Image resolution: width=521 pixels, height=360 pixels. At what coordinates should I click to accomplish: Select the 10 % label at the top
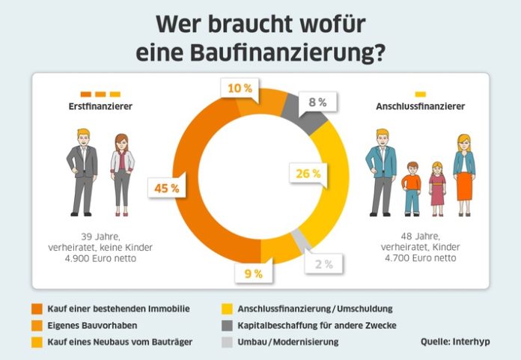click(x=239, y=89)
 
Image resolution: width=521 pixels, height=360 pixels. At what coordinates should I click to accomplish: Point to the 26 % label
click(x=308, y=174)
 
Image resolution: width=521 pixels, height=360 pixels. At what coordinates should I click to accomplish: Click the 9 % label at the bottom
click(x=254, y=274)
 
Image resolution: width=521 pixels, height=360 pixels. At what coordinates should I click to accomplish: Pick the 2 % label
click(x=323, y=263)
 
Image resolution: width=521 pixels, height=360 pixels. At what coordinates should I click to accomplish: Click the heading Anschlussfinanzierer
click(x=420, y=107)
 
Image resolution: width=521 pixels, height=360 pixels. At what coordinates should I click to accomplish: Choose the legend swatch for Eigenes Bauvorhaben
click(x=37, y=325)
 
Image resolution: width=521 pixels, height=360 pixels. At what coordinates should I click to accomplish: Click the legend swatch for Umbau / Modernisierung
click(x=228, y=341)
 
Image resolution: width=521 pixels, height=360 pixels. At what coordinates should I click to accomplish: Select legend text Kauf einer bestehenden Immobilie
click(x=118, y=308)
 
